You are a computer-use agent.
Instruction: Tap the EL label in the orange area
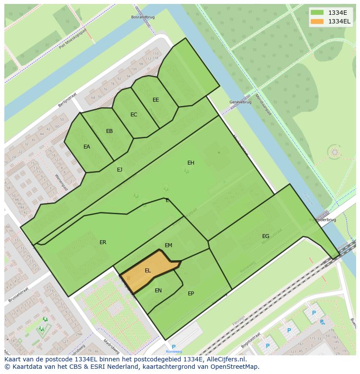click(x=148, y=271)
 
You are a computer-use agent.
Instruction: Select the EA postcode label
click(x=87, y=147)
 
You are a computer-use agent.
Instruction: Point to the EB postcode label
click(x=110, y=131)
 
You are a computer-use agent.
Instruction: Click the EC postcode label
click(x=134, y=115)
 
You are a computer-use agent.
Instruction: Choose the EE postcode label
click(x=156, y=100)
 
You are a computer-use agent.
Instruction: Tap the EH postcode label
click(x=191, y=163)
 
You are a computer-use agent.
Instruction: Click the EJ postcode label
click(x=120, y=170)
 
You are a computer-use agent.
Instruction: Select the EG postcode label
click(x=266, y=236)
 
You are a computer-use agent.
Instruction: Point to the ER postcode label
click(x=103, y=242)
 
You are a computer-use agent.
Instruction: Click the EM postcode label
click(x=169, y=245)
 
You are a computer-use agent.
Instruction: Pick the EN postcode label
click(x=158, y=291)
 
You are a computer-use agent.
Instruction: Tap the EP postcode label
click(x=191, y=294)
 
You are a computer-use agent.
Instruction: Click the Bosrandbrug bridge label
click(x=143, y=17)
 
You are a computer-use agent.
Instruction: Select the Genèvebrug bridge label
click(x=240, y=102)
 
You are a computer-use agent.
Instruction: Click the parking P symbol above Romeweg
click(x=173, y=347)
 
